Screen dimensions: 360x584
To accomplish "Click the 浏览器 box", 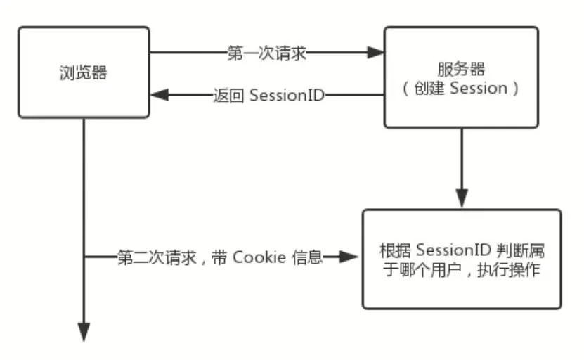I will (84, 72).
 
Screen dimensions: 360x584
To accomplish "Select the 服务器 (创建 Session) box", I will (461, 77).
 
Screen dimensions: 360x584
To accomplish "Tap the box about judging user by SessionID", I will (462, 259).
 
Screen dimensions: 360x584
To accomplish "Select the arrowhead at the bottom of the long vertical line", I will (84, 331).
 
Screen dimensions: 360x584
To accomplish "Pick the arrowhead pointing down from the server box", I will (462, 199).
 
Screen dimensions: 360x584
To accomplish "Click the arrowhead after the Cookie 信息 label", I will (349, 257).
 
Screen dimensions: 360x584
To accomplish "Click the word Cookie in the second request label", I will (259, 257).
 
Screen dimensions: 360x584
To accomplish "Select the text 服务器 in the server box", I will (462, 69).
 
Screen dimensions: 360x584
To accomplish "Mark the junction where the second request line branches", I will (84, 257).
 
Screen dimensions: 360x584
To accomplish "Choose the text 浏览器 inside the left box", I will (84, 72).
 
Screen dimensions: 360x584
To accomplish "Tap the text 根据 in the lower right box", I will (394, 250).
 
